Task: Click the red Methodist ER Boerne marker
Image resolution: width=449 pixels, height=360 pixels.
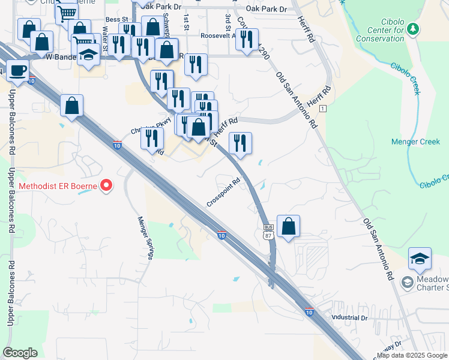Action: coord(106,185)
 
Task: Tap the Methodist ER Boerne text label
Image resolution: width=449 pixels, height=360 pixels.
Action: coord(58,186)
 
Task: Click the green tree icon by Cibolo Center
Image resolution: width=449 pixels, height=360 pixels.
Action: coord(412,28)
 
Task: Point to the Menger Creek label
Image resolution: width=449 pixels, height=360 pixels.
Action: coord(415,142)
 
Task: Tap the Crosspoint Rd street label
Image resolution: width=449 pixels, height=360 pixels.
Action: coord(224,190)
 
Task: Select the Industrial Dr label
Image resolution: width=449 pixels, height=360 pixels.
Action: coord(349,317)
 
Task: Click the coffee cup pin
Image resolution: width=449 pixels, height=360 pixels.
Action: coord(17,70)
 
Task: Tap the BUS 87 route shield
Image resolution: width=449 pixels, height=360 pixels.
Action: coord(268,231)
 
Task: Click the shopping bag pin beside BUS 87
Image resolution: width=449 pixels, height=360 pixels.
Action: coord(289,226)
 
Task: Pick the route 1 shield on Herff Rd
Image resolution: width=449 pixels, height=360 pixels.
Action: coord(322,108)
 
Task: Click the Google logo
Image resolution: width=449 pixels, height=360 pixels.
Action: coord(20,353)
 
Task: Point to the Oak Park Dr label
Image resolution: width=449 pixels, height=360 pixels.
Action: coord(267,9)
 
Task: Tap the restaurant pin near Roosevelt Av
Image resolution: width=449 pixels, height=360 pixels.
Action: coord(247,40)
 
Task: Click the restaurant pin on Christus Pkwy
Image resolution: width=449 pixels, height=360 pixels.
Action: coord(152,138)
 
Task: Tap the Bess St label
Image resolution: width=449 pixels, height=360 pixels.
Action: coord(113,19)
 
